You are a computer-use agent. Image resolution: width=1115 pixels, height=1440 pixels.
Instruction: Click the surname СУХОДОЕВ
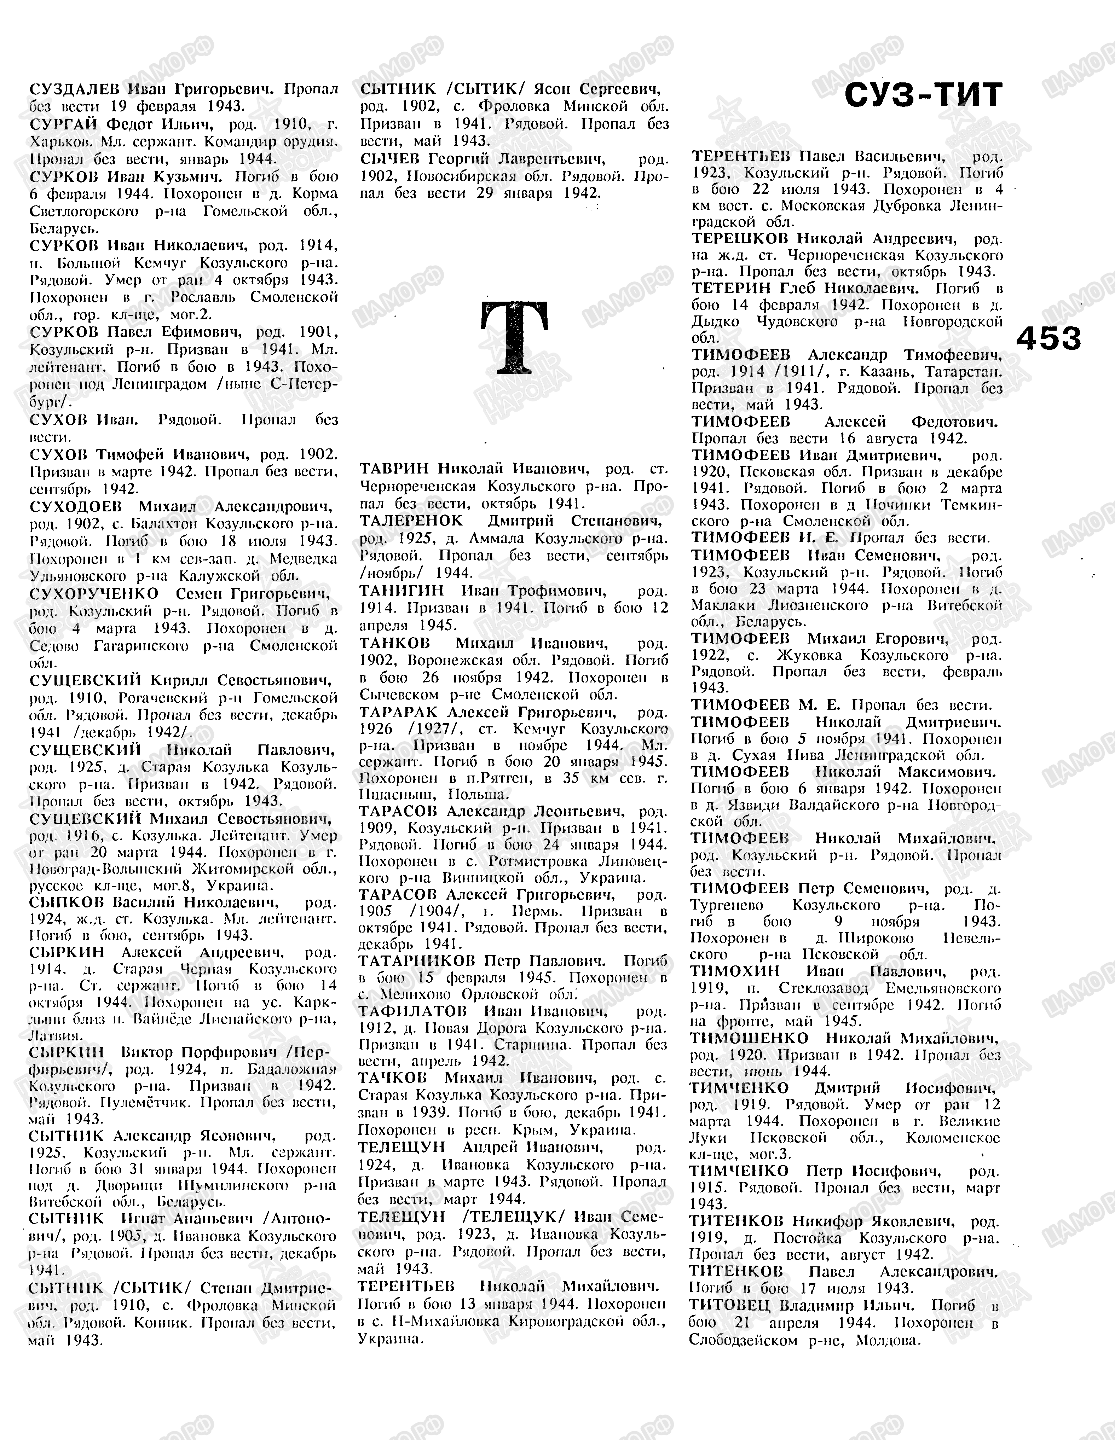pos(76,506)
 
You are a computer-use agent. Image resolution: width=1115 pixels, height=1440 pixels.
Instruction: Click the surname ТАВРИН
pos(394,469)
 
